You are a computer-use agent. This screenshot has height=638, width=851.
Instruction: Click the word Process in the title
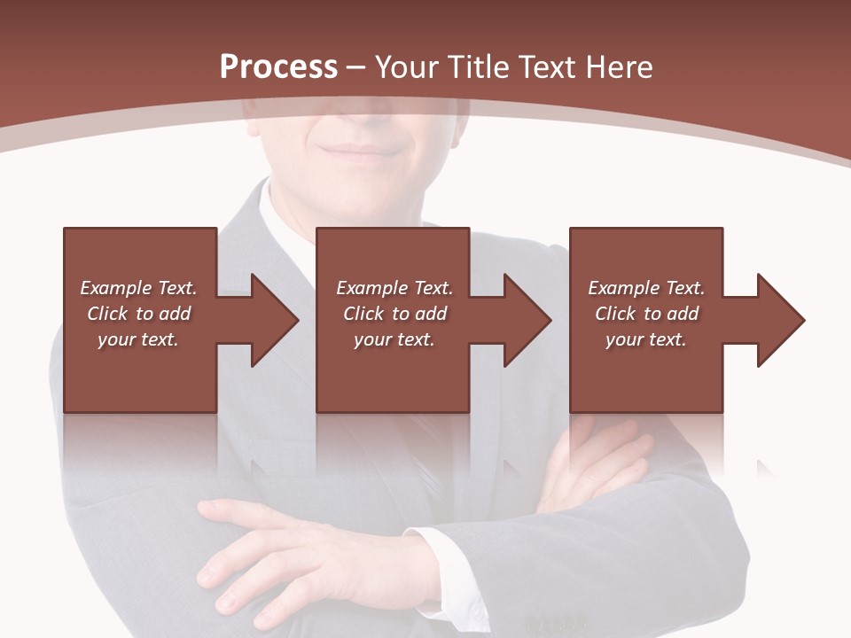coord(278,67)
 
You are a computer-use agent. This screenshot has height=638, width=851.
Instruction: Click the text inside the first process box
coord(138,314)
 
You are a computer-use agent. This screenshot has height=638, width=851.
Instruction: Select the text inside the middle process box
coord(394,314)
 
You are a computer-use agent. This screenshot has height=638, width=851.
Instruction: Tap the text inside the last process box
coord(646,314)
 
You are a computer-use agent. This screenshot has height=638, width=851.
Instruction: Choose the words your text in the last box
coord(646,339)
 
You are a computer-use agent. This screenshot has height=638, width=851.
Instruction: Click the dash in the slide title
coord(356,67)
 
